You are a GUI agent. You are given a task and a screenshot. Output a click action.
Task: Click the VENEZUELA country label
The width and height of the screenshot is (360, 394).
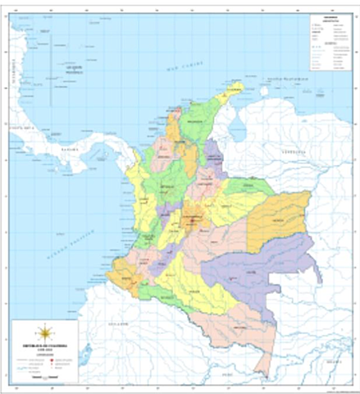pos(291,153)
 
